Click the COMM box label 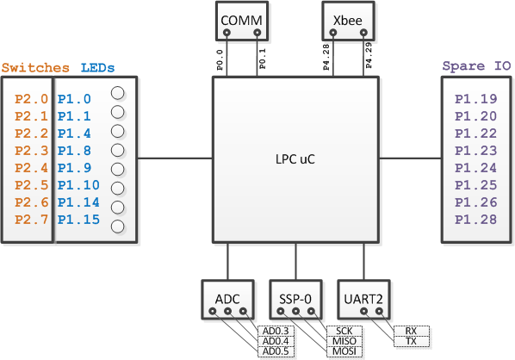pyautogui.click(x=241, y=21)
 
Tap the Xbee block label pyautogui.click(x=347, y=21)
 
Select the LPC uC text pyautogui.click(x=295, y=159)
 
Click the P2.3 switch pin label pyautogui.click(x=32, y=151)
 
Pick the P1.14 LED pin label pyautogui.click(x=78, y=202)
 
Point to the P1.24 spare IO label pyautogui.click(x=476, y=168)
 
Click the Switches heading pyautogui.click(x=35, y=68)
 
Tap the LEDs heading pyautogui.click(x=97, y=68)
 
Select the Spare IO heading pyautogui.click(x=476, y=66)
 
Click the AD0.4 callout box pyautogui.click(x=276, y=341)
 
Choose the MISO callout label pyautogui.click(x=344, y=341)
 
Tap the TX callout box pyautogui.click(x=411, y=341)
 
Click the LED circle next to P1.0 pyautogui.click(x=118, y=93)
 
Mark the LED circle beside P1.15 pyautogui.click(x=118, y=227)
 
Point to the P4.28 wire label pyautogui.click(x=326, y=58)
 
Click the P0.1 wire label pyautogui.click(x=263, y=59)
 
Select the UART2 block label pyautogui.click(x=363, y=299)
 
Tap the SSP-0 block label pyautogui.click(x=295, y=299)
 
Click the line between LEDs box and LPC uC pyautogui.click(x=175, y=158)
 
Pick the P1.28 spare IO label pyautogui.click(x=476, y=220)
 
